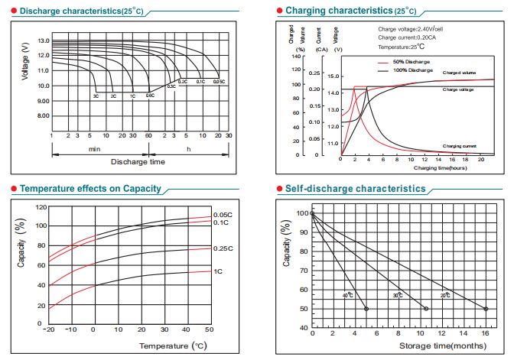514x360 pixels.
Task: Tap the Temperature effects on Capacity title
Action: (x=90, y=188)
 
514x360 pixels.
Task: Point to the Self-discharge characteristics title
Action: (x=355, y=188)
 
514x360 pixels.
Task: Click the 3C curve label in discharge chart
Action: (x=96, y=96)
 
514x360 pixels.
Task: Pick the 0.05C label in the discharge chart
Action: (x=219, y=81)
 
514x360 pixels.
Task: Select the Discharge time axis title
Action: (x=138, y=162)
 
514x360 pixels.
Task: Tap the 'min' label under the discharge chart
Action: (x=94, y=148)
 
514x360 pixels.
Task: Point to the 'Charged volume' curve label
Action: (x=460, y=73)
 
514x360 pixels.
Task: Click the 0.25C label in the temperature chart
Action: (x=222, y=248)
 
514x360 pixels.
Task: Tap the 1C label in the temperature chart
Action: (x=218, y=271)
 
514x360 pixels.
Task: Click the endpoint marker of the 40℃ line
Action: (x=366, y=309)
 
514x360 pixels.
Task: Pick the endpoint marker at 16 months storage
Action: (x=486, y=309)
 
